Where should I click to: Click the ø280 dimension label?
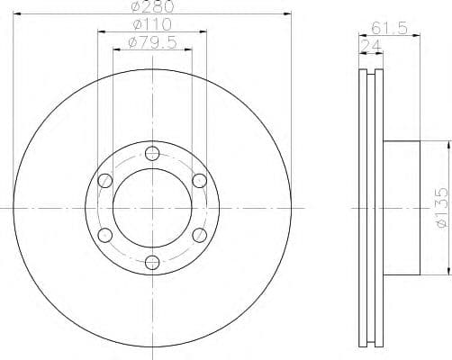pos(150,8)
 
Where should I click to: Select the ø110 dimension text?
pos(151,25)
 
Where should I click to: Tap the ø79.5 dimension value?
pos(151,42)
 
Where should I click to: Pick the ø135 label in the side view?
pos(440,209)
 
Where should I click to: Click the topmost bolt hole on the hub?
pos(151,152)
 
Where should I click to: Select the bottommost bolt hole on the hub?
pos(151,263)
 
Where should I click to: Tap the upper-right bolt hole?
pos(199,180)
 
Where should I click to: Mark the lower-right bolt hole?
pos(199,235)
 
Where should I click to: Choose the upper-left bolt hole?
pos(104,180)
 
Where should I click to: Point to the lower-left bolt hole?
pos(104,235)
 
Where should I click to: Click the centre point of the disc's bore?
pos(151,208)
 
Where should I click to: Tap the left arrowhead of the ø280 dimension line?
pos(17,15)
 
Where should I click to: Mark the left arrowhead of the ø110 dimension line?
pos(100,32)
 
